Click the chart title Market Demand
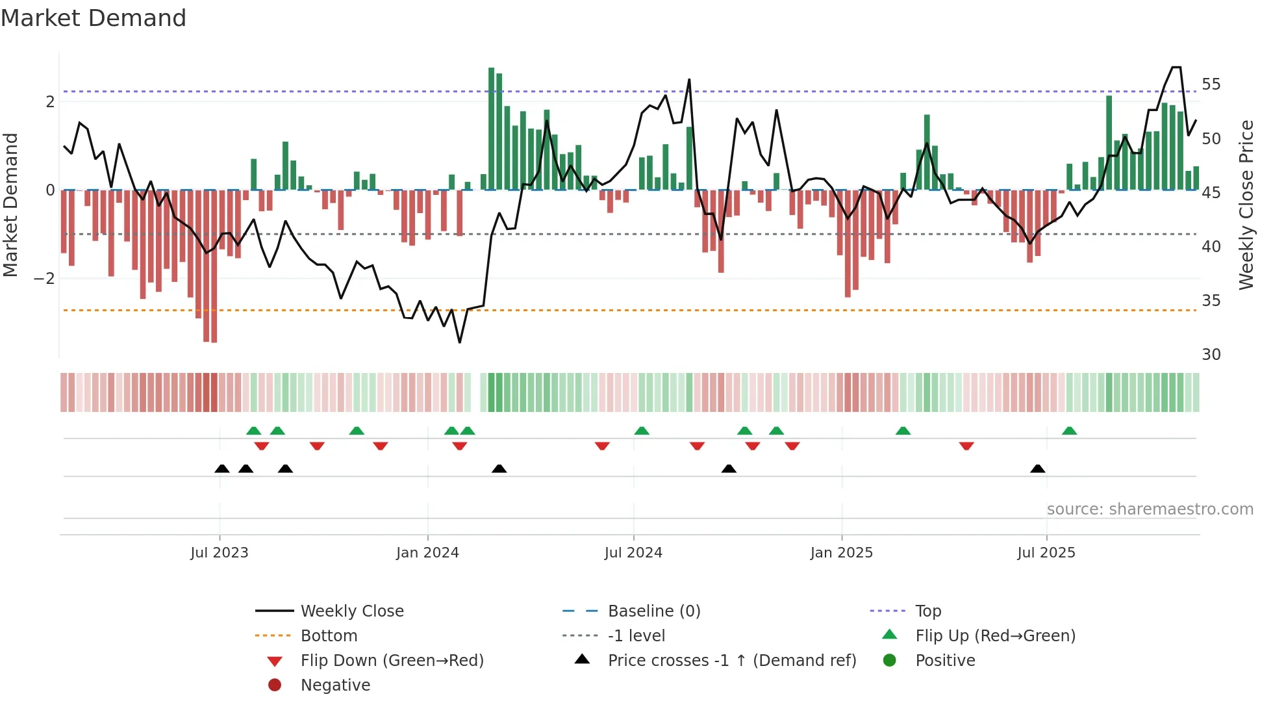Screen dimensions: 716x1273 94,18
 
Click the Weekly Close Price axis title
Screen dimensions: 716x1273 1246,205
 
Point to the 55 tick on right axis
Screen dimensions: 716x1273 1211,84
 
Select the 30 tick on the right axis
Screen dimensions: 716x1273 1211,355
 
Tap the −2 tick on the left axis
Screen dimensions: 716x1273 45,279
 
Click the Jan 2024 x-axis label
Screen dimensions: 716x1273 427,553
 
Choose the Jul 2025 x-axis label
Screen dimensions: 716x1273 1046,553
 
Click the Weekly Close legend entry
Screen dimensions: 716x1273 351,611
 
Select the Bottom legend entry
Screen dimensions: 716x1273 329,636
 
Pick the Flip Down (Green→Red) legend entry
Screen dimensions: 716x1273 392,661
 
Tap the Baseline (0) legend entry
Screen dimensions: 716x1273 653,611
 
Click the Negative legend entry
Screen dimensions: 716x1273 335,685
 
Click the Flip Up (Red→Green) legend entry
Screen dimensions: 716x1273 995,636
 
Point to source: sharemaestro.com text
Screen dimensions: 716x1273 1150,509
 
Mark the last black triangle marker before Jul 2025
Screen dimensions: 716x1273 1038,469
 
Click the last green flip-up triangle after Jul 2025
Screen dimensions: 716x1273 1070,431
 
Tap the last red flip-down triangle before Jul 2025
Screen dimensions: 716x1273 966,446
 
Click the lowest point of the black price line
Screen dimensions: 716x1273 460,342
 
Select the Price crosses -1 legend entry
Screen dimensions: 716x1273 731,661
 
